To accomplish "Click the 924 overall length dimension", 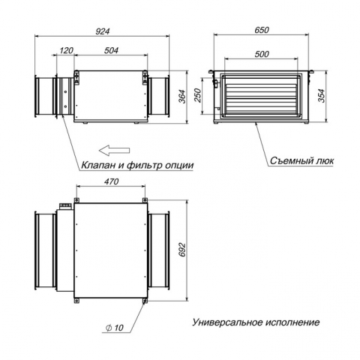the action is pos(103,31).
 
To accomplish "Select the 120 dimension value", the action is pos(67,50).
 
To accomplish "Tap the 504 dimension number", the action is pos(111,50).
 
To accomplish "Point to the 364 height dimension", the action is pos(182,97).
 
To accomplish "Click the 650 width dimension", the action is pos(262,30).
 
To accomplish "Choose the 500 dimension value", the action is pos(262,54).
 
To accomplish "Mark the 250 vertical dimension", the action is pos(197,95).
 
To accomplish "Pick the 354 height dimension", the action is pos(322,96).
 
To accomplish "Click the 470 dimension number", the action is pos(111,181).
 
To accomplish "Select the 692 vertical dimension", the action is pos(182,250).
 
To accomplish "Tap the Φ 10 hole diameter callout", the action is pos(115,328).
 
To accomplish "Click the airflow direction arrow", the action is pos(115,150).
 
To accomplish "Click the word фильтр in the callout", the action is pos(144,166).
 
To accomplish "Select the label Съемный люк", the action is pos(301,160).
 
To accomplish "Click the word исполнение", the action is pos(292,322).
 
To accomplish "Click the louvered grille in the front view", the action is pos(261,96).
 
